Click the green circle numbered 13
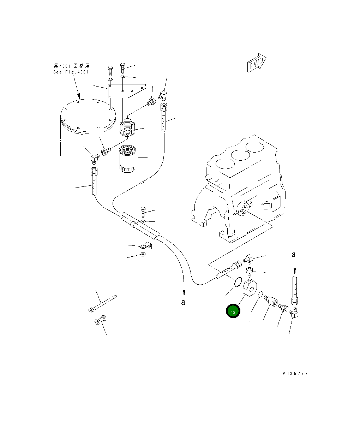tap(233, 311)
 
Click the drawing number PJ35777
tap(295, 374)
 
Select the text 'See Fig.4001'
tap(71, 72)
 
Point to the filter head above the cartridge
tap(127, 129)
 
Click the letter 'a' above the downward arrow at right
tap(293, 254)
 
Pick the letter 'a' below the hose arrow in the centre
tap(183, 302)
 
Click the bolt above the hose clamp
tap(143, 212)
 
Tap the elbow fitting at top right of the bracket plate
tap(163, 95)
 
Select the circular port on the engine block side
tap(242, 210)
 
